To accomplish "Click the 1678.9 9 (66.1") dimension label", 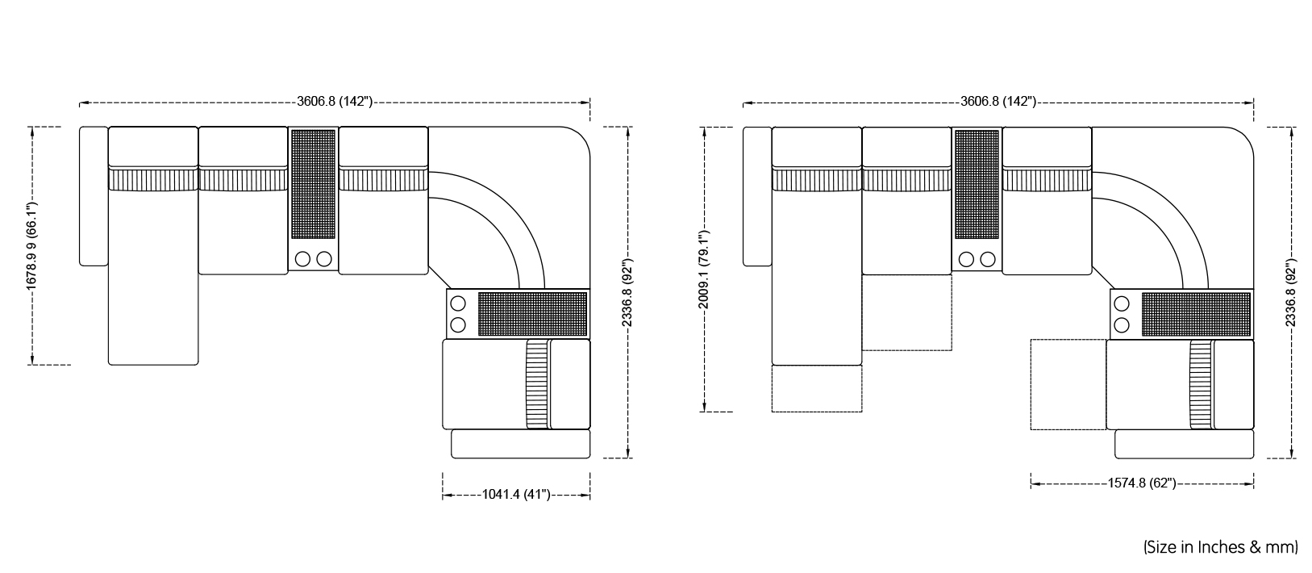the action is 31,245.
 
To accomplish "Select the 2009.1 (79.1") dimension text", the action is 703,270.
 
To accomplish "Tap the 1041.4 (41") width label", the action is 516,495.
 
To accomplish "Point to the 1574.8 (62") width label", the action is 1142,483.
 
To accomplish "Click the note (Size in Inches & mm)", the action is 1221,547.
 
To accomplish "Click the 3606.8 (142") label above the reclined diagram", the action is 998,102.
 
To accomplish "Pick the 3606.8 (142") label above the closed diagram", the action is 335,102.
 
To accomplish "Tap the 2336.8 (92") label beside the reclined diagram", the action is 1290,293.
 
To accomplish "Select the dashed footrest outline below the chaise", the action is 817,388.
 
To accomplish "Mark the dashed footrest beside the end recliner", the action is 1068,384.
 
